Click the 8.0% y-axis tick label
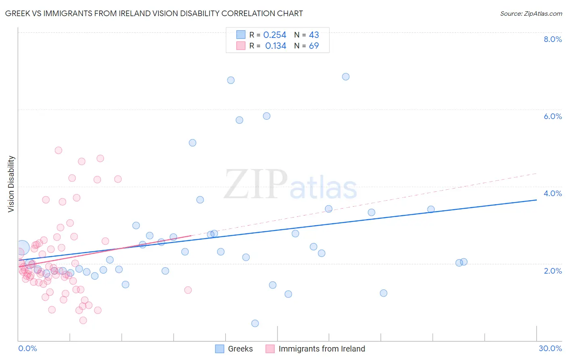(552, 39)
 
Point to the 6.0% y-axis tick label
(552, 116)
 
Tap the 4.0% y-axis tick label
(552, 193)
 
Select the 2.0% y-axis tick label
(552, 271)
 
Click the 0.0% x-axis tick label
(27, 348)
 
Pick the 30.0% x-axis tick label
(550, 348)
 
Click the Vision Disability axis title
(11, 184)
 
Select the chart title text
(154, 13)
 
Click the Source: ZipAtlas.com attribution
(531, 13)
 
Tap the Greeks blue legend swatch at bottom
(219, 349)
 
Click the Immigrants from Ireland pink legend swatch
(270, 349)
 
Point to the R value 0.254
(275, 35)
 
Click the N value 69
(314, 46)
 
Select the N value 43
(314, 35)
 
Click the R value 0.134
(275, 46)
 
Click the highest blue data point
(346, 77)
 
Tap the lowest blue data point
(255, 323)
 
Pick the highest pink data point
(58, 150)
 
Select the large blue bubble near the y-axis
(23, 247)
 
